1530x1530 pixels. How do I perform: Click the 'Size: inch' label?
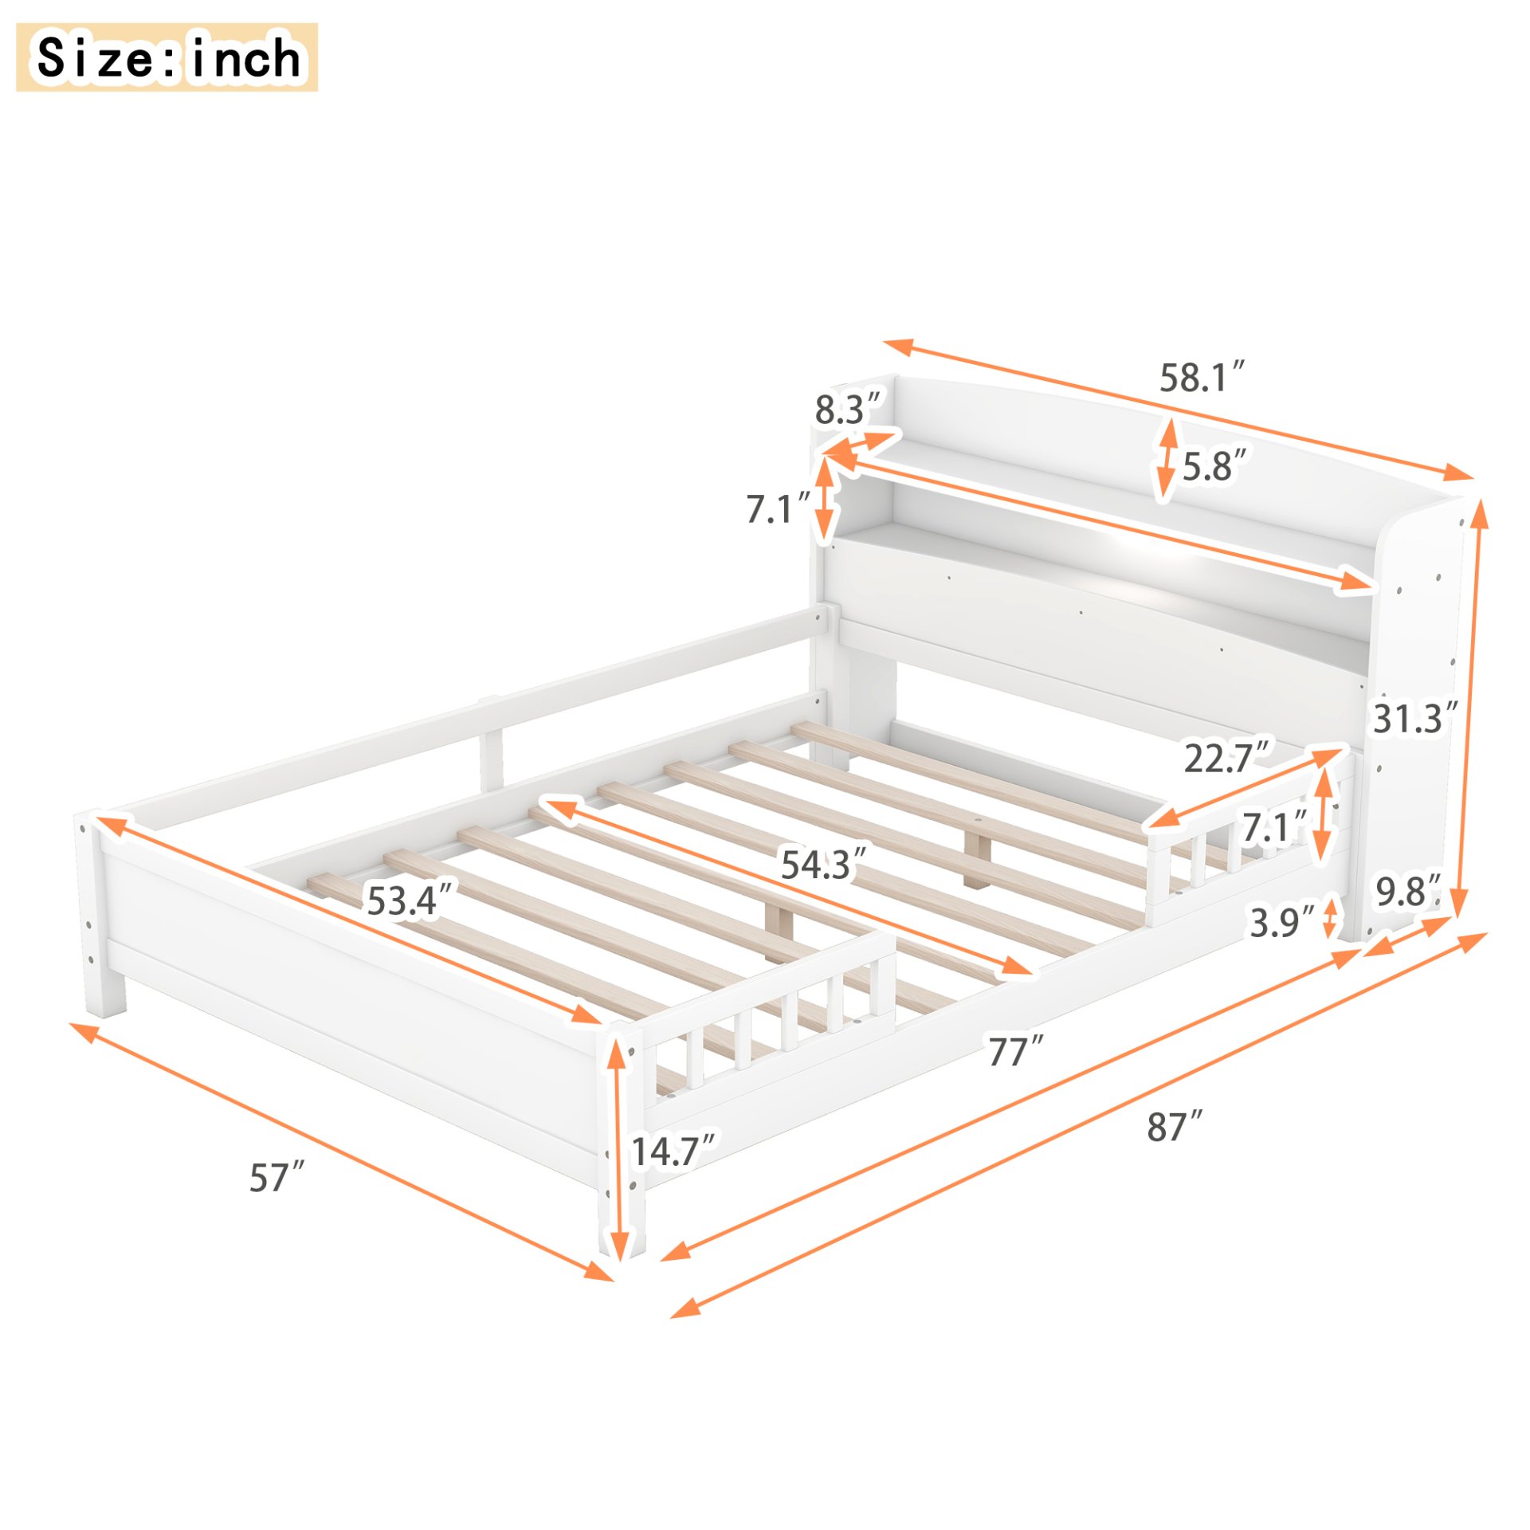167,57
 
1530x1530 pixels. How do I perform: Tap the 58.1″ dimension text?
1200,377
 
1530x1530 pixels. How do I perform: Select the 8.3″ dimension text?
848,409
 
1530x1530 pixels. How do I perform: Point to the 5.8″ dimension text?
1214,465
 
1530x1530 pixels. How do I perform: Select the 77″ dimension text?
1015,1052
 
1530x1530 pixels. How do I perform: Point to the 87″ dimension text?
1174,1127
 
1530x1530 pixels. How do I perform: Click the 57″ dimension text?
277,1178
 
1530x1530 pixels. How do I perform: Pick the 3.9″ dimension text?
1281,923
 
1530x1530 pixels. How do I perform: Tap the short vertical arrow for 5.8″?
1167,460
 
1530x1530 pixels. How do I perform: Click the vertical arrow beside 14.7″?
618,1147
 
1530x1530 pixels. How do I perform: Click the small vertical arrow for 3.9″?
1330,917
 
